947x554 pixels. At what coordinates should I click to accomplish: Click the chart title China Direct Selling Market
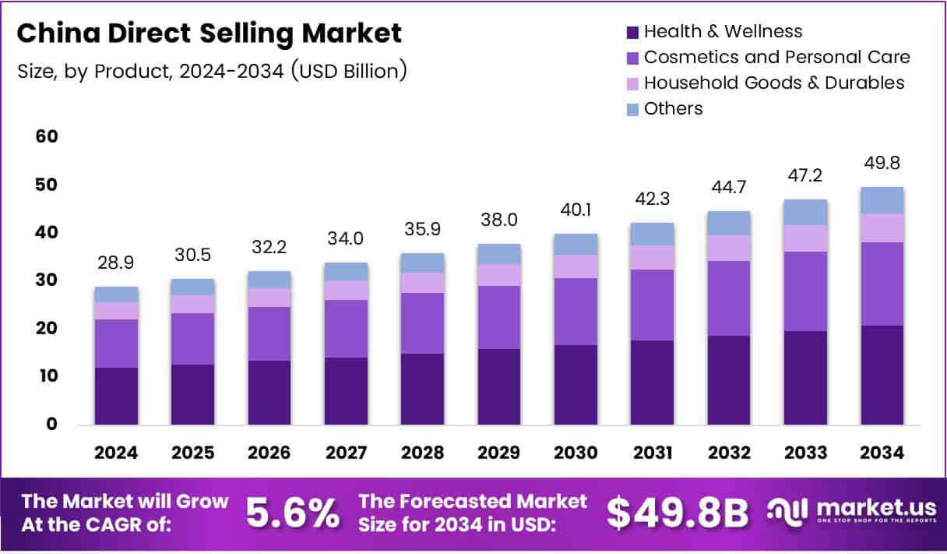coord(209,34)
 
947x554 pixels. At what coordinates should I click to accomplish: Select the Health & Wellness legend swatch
coord(632,32)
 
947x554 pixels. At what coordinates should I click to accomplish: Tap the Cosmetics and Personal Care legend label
coord(776,57)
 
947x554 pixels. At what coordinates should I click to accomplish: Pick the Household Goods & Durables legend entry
coord(774,83)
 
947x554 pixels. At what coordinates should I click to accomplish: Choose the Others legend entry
coord(673,108)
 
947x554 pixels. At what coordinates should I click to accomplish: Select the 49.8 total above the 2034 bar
coord(882,164)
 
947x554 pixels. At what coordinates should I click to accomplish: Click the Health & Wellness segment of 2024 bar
coord(116,397)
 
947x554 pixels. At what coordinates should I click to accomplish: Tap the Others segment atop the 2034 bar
coord(882,200)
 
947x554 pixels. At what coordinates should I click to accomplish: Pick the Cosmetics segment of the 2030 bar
coord(576,312)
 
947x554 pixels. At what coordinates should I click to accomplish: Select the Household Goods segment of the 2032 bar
coord(729,248)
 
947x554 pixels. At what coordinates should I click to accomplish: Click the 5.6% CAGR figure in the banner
coord(293,513)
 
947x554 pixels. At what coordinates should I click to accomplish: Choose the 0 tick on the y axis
coord(52,425)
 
